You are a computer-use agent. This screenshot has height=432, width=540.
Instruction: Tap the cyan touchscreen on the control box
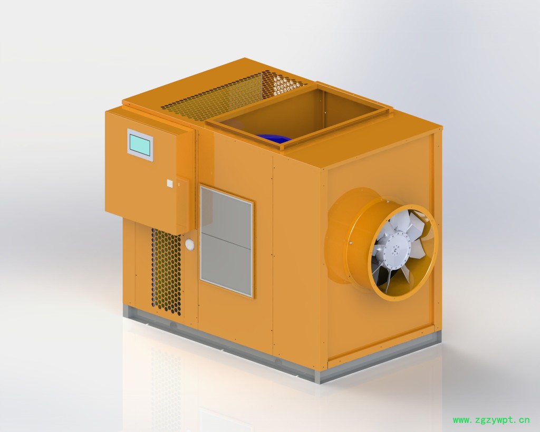pos(140,145)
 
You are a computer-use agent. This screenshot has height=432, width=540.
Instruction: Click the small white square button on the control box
pos(170,183)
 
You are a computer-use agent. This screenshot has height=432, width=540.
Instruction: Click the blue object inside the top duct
pos(274,138)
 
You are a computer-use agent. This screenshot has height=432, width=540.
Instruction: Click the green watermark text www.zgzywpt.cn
pos(491,420)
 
